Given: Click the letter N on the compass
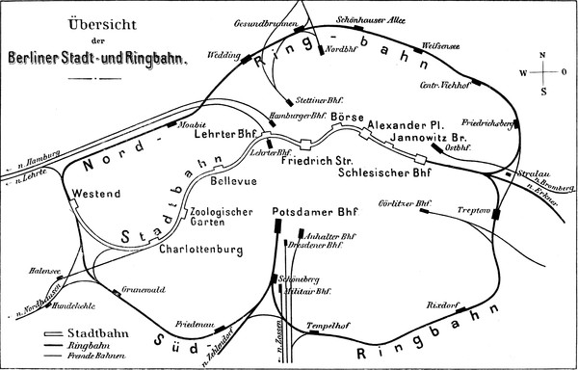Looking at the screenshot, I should [543, 55].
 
